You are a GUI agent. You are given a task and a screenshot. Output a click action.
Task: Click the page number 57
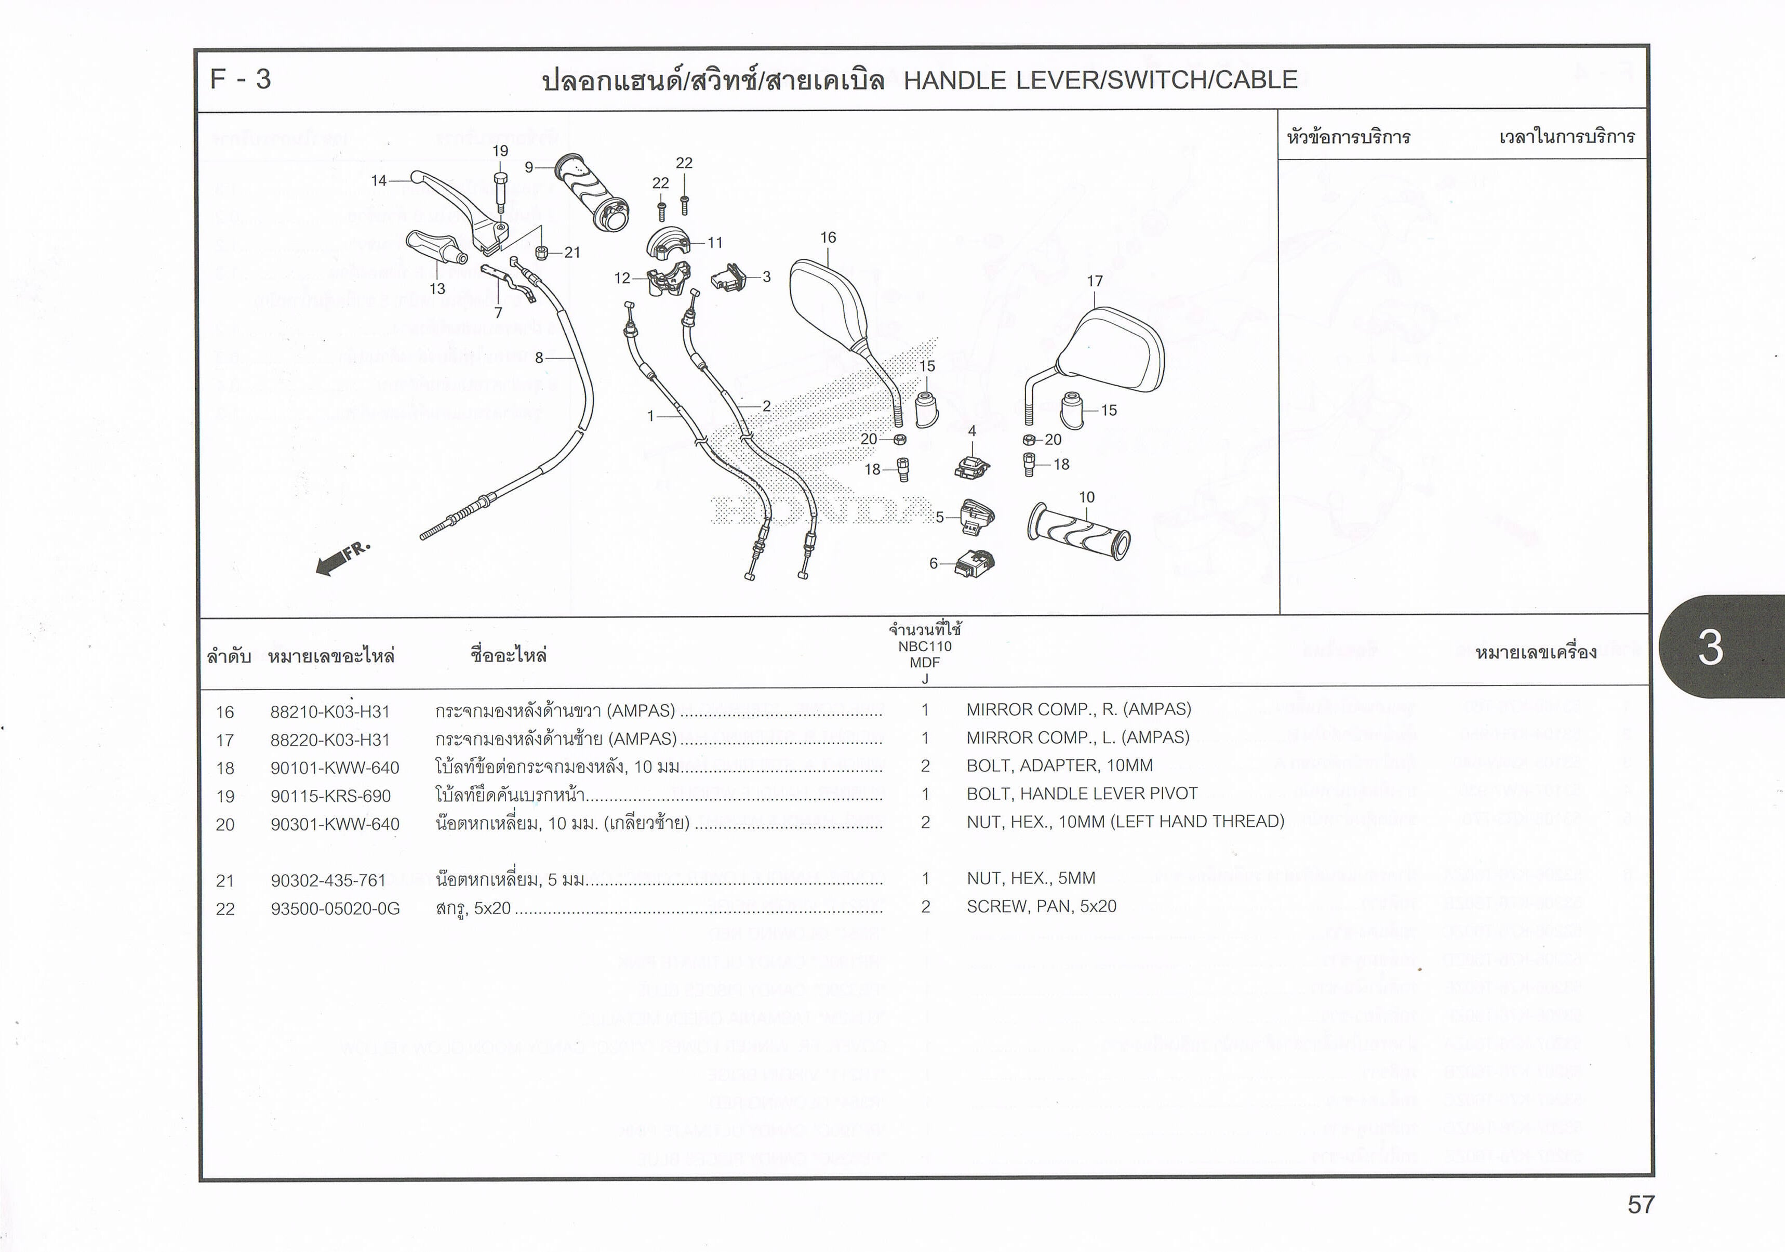1641,1205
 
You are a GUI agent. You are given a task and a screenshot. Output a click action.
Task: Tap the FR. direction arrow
342,557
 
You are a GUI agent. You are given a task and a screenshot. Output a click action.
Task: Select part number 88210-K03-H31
330,711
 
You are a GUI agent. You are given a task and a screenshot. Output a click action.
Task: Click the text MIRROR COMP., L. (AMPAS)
1077,737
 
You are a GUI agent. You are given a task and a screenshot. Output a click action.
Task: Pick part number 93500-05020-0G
335,908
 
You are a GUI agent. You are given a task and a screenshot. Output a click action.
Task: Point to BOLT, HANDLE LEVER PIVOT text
1082,793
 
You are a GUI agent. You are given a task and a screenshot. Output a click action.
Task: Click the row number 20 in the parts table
224,824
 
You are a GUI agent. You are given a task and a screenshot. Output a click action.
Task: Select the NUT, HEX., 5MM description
1031,878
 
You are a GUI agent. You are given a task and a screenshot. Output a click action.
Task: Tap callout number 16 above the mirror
828,237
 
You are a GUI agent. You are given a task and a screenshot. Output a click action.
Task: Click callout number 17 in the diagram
1095,281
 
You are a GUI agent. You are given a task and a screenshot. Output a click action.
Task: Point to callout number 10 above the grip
1086,497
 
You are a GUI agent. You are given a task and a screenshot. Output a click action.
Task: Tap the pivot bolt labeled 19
500,189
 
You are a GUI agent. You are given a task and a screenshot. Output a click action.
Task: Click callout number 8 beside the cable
539,358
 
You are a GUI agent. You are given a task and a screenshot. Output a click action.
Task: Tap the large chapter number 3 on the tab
1710,647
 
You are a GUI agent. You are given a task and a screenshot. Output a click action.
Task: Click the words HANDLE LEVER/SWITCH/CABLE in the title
1100,80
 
